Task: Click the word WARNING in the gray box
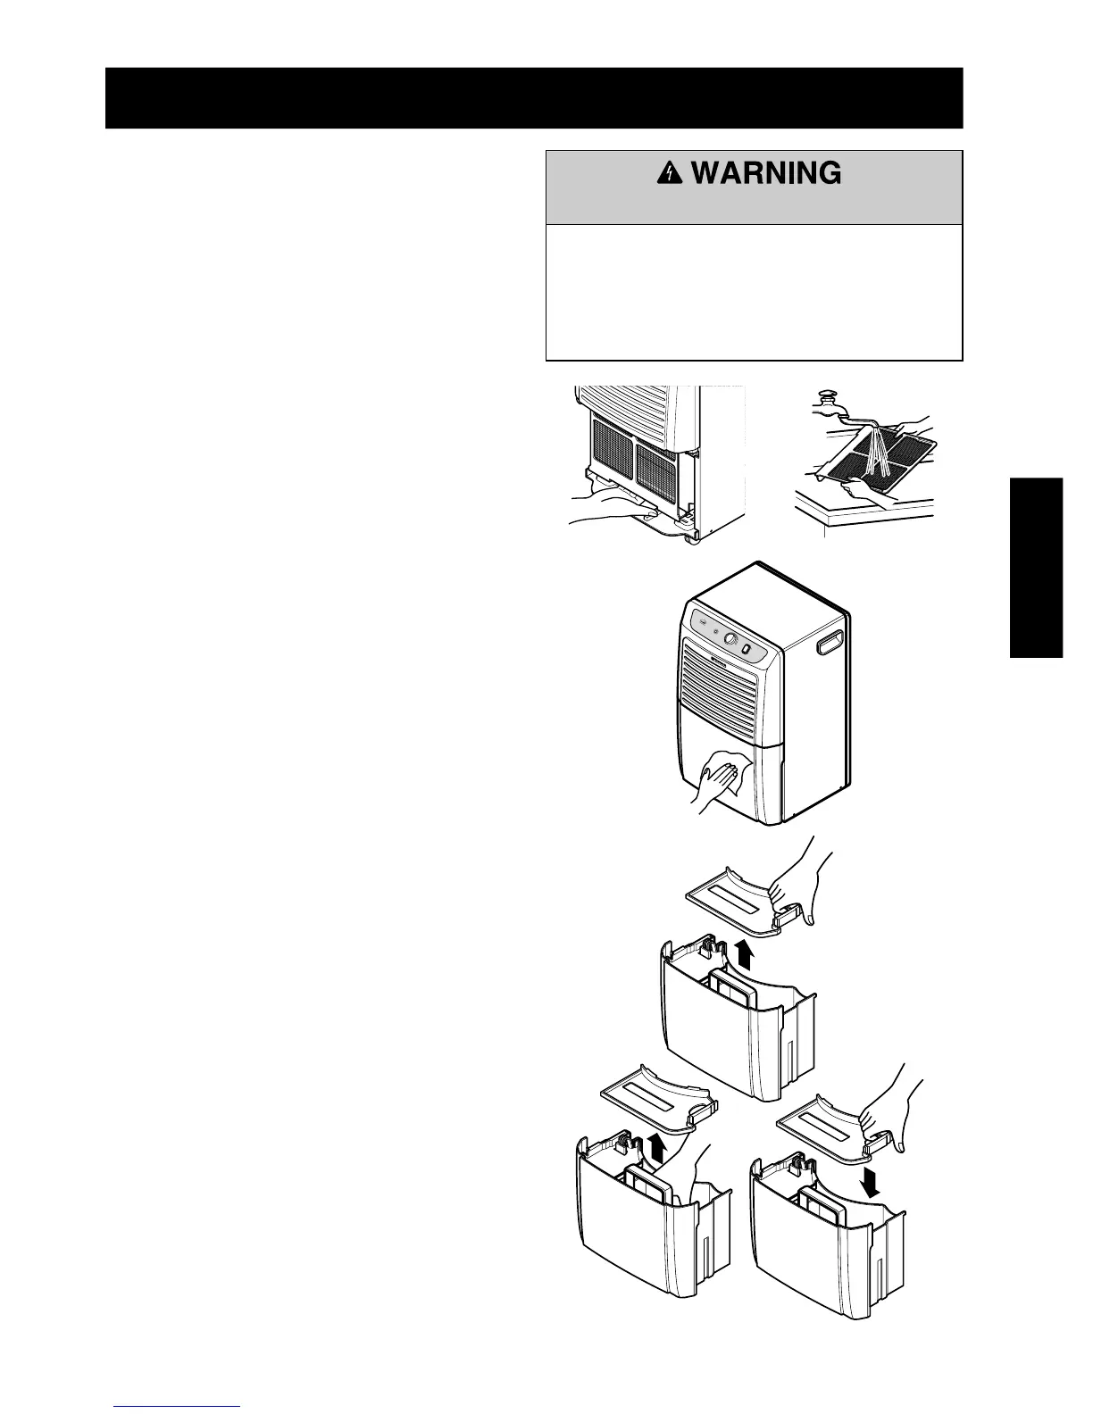pos(766,173)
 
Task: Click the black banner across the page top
pos(534,97)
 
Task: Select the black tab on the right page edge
pos(1036,569)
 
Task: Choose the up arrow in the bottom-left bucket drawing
pos(656,1145)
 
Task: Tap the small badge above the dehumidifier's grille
pos(721,661)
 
